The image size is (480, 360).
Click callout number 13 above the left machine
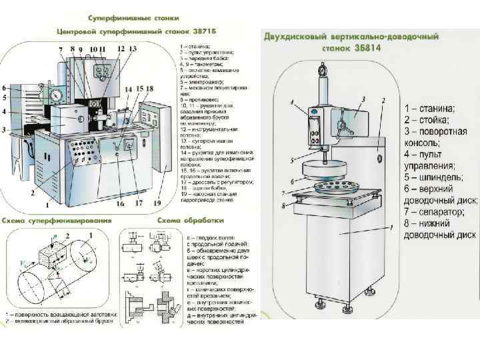click(x=133, y=49)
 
